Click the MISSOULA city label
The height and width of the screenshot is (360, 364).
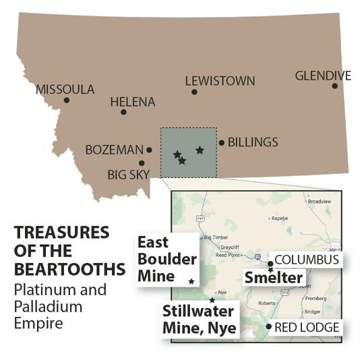point(65,89)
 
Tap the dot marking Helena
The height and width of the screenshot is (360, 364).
point(123,112)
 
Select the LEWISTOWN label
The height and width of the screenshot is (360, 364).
point(220,81)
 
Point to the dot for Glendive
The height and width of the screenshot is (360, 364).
point(334,86)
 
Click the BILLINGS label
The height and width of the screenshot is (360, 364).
point(253,142)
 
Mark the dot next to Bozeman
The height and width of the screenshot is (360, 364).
point(149,150)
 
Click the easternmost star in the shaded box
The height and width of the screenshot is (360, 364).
point(200,150)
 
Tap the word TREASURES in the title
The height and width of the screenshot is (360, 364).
point(61,233)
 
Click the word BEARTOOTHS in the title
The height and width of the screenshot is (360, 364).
point(70,269)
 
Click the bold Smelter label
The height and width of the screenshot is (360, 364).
point(273,276)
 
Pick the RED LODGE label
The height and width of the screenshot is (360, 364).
point(307,328)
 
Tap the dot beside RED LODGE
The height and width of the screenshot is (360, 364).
point(270,327)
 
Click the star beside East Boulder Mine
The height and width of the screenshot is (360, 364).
point(191,281)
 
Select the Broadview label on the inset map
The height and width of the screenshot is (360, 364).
point(320,202)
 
